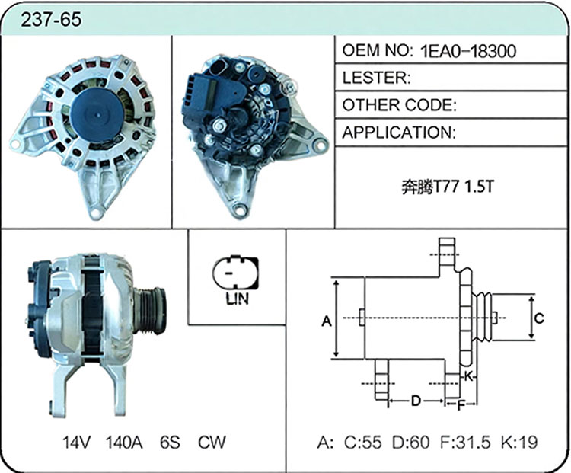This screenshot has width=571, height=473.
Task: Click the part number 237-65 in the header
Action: coord(51,19)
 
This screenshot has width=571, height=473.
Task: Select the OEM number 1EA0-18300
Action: coord(468,51)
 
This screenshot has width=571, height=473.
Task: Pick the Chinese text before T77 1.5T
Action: coord(416,187)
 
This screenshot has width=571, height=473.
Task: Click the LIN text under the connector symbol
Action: coord(237,299)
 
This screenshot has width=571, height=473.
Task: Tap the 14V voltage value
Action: coord(76,442)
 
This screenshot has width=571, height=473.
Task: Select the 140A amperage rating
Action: coord(124,442)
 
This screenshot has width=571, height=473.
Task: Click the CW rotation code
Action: coord(212,442)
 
